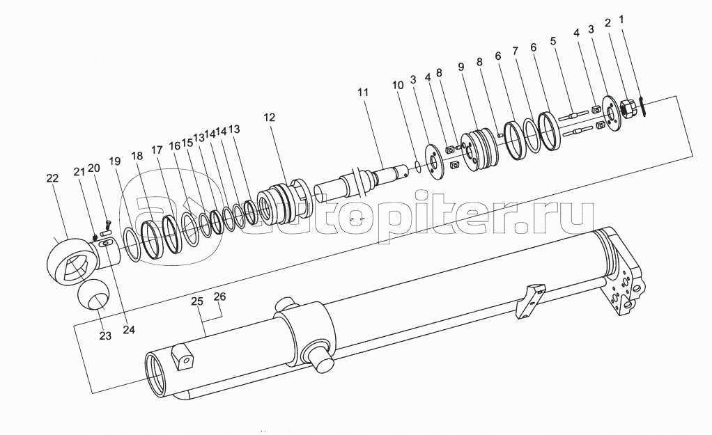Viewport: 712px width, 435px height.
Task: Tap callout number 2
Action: (x=607, y=23)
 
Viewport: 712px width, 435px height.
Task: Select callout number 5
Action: (x=553, y=40)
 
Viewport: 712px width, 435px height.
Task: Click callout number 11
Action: (x=362, y=93)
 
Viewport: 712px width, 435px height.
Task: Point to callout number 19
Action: (x=114, y=161)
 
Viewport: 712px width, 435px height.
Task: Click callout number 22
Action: (x=53, y=179)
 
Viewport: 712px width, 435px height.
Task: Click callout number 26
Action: (x=219, y=296)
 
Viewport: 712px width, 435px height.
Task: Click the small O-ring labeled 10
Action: (x=415, y=166)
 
